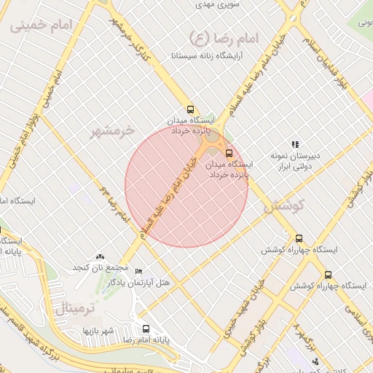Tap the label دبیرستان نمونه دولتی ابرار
coord(295,162)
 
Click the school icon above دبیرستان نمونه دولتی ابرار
coord(295,144)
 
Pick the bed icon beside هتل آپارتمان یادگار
coord(139,271)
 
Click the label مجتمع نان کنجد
coord(99,269)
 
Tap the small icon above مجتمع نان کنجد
coord(100,257)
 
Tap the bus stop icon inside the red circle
coord(229,153)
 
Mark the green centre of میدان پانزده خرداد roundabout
coord(212,136)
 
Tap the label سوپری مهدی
coord(219,4)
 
